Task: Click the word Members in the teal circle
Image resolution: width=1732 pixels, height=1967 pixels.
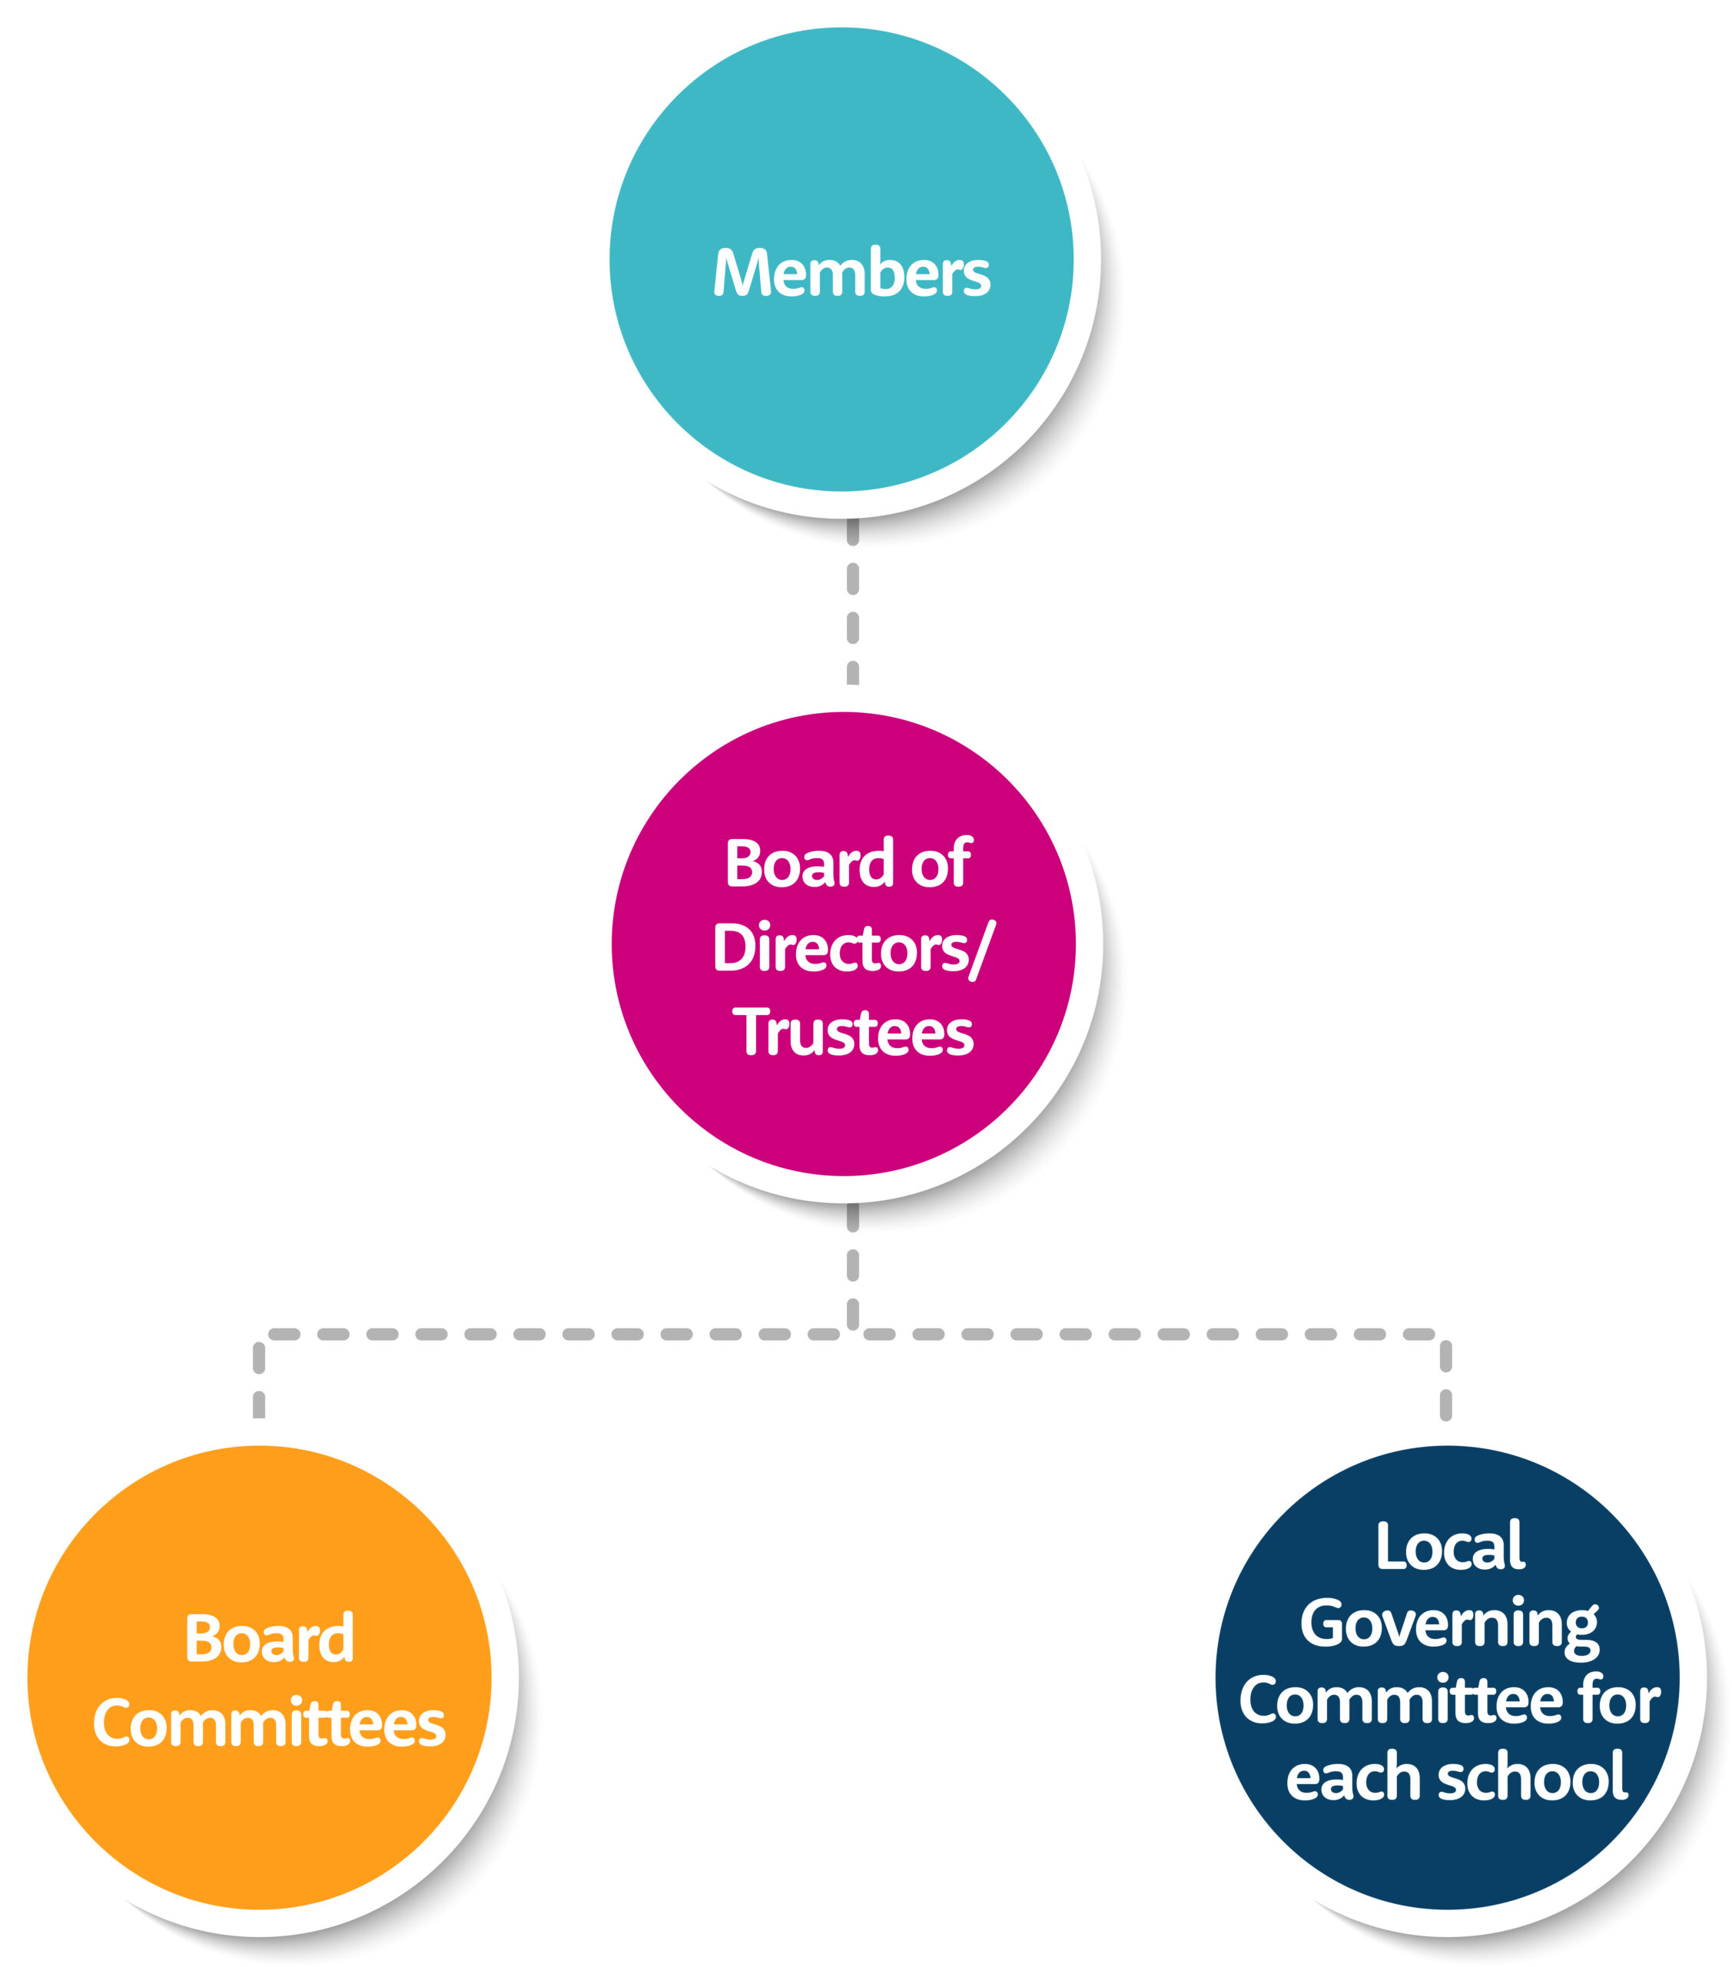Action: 851,274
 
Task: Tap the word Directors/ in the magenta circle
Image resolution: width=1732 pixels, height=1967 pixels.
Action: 852,949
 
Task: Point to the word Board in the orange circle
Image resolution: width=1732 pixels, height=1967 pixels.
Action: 270,1639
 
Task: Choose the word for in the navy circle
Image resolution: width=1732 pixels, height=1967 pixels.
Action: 1619,1700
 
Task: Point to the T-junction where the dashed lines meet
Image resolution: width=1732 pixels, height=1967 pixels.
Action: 852,1334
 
